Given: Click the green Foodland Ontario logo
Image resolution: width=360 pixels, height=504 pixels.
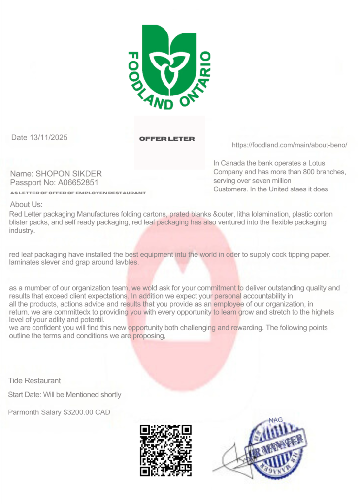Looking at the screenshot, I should [x=169, y=66].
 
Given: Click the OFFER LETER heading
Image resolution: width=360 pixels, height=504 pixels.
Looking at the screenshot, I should [x=167, y=139].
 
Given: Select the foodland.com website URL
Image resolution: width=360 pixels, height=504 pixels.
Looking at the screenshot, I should [x=290, y=145].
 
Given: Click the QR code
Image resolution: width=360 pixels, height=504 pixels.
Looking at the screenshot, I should [x=166, y=450].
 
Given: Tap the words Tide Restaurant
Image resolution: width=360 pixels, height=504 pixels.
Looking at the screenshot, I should [x=34, y=381].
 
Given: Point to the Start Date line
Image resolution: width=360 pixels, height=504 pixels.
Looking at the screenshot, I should [x=65, y=395].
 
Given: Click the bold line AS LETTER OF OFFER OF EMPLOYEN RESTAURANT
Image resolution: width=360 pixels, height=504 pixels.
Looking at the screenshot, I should [x=78, y=193].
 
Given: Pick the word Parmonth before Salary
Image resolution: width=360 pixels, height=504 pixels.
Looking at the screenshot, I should [x=25, y=412].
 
